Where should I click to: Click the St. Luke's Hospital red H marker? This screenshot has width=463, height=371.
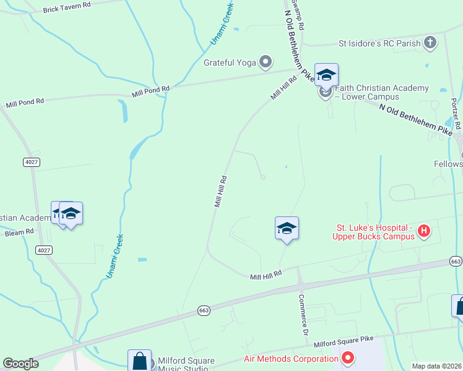click(x=424, y=231)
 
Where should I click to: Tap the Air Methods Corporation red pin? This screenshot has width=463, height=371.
click(x=347, y=357)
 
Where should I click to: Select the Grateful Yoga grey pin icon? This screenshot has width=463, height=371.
click(x=266, y=61)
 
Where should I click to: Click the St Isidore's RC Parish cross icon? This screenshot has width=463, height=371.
click(x=430, y=43)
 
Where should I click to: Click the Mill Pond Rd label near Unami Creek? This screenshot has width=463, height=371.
click(x=150, y=92)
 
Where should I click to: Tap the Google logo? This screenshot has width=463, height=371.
click(x=20, y=364)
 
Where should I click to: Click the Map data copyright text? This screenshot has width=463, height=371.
click(x=437, y=366)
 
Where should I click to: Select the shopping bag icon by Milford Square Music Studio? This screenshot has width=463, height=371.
click(x=140, y=360)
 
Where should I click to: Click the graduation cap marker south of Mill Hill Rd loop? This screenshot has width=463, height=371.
click(x=287, y=228)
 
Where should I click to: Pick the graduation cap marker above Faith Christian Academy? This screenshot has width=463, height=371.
click(x=326, y=75)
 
